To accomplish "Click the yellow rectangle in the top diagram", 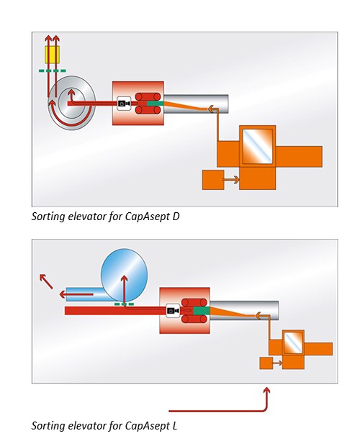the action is click(x=52, y=55).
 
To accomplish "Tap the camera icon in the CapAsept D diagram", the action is click(x=124, y=104).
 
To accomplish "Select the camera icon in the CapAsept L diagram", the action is click(x=173, y=311).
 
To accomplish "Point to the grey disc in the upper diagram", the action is click(x=72, y=103).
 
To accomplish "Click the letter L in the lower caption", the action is click(x=174, y=425).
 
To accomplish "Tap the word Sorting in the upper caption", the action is click(x=48, y=217).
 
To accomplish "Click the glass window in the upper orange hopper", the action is click(x=258, y=146).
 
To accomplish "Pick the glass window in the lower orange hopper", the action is click(x=293, y=343).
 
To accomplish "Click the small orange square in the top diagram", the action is click(x=213, y=180).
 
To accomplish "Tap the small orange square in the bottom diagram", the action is click(x=266, y=363).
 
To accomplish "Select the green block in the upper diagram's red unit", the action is click(x=155, y=103).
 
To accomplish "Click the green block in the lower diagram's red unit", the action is click(x=202, y=311).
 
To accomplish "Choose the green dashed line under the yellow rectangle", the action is click(x=53, y=71).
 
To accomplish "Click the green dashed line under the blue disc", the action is click(x=124, y=304).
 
